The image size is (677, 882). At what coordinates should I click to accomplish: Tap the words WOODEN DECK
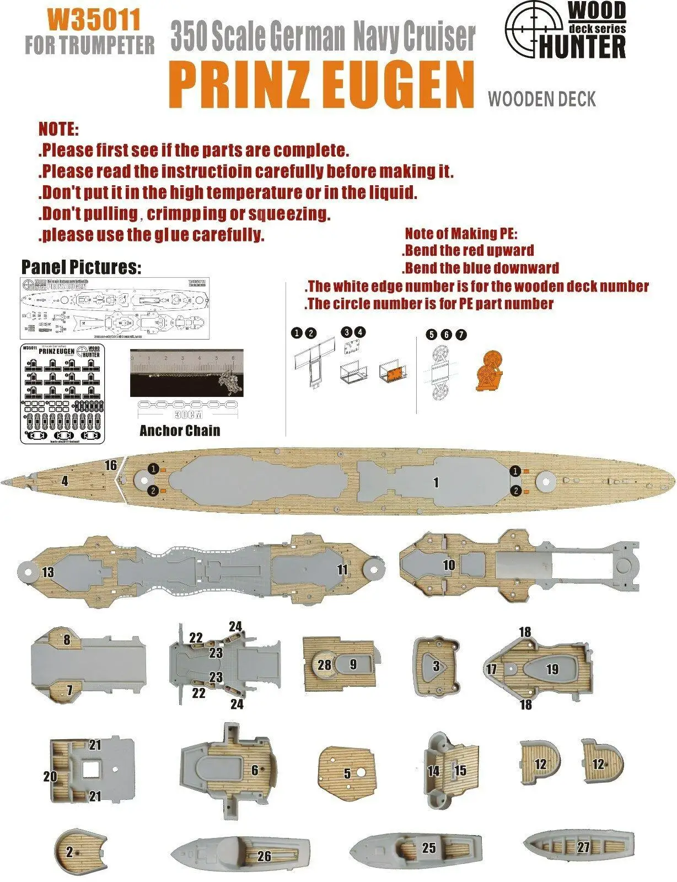(542, 99)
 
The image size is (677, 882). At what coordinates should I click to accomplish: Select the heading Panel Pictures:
(81, 267)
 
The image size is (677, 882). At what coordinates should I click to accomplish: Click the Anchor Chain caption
(180, 431)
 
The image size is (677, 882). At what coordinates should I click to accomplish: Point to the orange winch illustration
(490, 372)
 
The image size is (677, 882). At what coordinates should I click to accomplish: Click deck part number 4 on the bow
(65, 481)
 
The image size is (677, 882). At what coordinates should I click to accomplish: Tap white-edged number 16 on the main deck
(111, 465)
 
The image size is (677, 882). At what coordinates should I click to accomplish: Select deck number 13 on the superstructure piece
(48, 572)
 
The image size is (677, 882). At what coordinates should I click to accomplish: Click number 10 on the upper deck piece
(449, 565)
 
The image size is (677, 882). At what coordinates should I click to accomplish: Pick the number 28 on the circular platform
(325, 665)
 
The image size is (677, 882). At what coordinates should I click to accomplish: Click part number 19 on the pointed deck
(552, 669)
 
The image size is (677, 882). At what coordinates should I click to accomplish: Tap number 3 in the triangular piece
(436, 666)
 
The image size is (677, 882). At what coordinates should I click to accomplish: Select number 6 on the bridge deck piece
(255, 770)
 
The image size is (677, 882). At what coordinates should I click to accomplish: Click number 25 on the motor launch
(429, 847)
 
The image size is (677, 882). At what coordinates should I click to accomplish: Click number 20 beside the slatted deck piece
(50, 776)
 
